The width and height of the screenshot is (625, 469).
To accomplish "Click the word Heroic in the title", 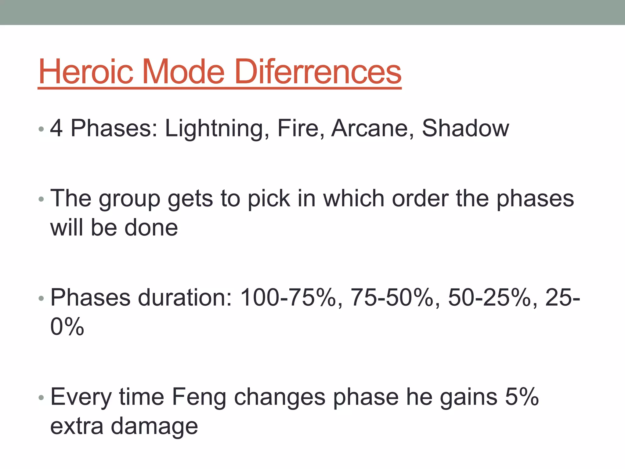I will pos(86,72).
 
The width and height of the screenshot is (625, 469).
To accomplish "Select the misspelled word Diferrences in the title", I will pos(318,72).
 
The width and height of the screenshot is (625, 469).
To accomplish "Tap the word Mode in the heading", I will pos(183,72).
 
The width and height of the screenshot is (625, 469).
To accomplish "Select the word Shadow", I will pos(465,128).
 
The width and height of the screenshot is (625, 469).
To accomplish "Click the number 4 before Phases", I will pos(56,128).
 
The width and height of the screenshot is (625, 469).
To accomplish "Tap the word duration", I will pos(185,297).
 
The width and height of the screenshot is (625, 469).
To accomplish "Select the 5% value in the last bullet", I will pos(522,397).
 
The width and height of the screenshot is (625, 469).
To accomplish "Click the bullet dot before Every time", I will pos(42,398).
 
